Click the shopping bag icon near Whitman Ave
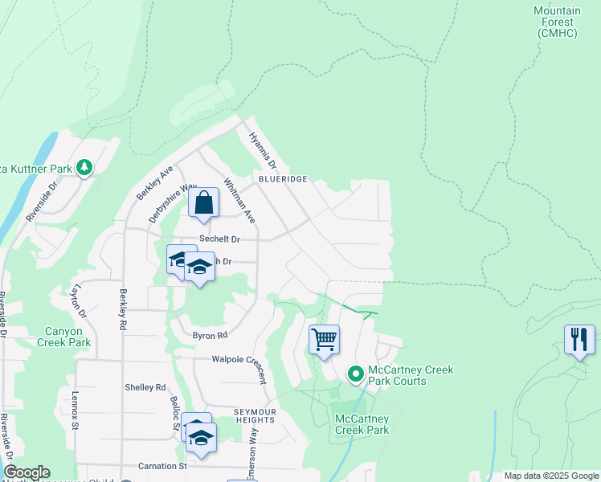tap(204, 203)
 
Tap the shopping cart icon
tap(324, 340)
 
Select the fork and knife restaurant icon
tap(579, 340)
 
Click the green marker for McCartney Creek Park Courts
tap(355, 375)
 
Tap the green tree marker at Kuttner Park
tap(84, 168)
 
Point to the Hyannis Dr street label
tap(263, 150)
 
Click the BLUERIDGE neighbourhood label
tap(283, 178)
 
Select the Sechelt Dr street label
tap(219, 239)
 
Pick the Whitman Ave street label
tap(239, 200)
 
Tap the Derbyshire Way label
tap(173, 203)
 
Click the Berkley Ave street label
tap(155, 183)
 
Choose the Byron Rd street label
tap(210, 335)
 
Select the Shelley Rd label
tap(145, 387)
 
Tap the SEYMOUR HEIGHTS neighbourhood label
tap(255, 417)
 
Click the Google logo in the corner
tap(27, 472)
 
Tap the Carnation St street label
tap(162, 466)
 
